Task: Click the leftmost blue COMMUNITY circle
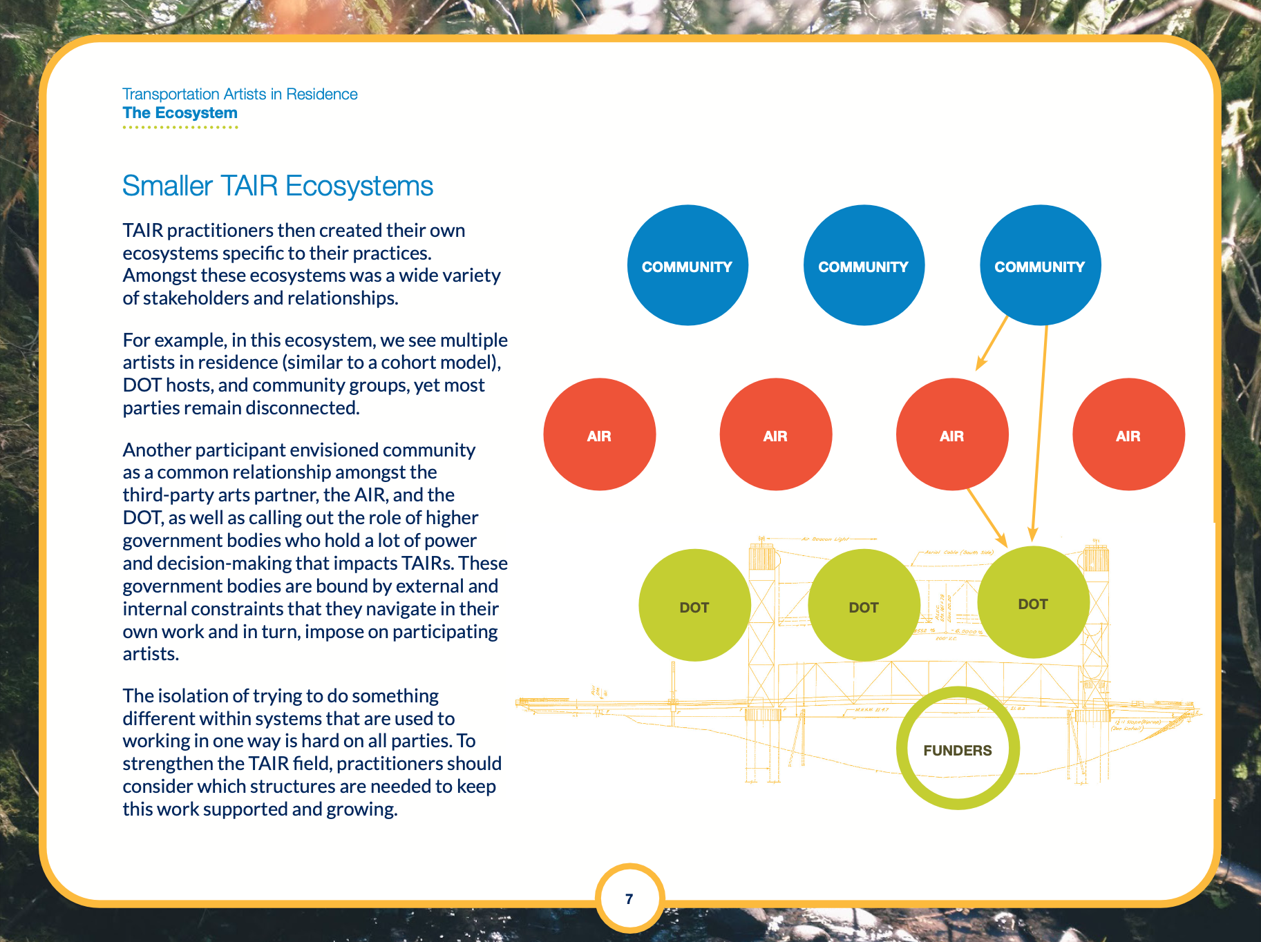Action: (x=688, y=265)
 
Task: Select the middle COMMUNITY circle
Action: (x=864, y=265)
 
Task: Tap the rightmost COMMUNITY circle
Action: (x=1040, y=265)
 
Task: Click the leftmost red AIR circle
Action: (x=599, y=434)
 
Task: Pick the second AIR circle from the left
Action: (x=775, y=434)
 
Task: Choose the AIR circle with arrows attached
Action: (x=951, y=434)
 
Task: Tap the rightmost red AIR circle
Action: (x=1128, y=434)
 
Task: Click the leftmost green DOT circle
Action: (x=694, y=606)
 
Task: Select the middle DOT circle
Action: (x=864, y=606)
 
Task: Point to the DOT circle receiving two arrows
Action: (x=1033, y=602)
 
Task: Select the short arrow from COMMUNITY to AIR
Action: (x=992, y=343)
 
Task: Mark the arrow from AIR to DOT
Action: (x=987, y=517)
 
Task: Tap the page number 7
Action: (x=629, y=898)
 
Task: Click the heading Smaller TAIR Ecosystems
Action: (x=278, y=186)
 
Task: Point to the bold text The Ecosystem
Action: (x=180, y=113)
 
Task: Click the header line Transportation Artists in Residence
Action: (x=240, y=94)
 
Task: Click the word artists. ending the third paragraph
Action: (x=151, y=653)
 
